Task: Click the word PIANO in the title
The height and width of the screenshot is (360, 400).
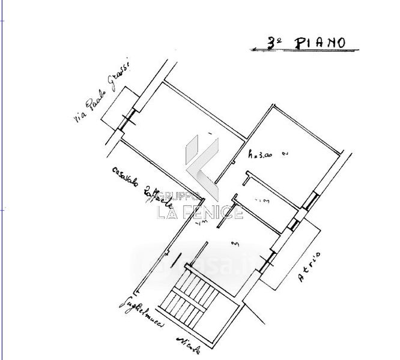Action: (x=320, y=42)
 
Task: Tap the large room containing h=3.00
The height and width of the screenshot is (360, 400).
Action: (x=294, y=153)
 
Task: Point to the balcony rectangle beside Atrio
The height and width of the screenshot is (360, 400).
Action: (x=288, y=252)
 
